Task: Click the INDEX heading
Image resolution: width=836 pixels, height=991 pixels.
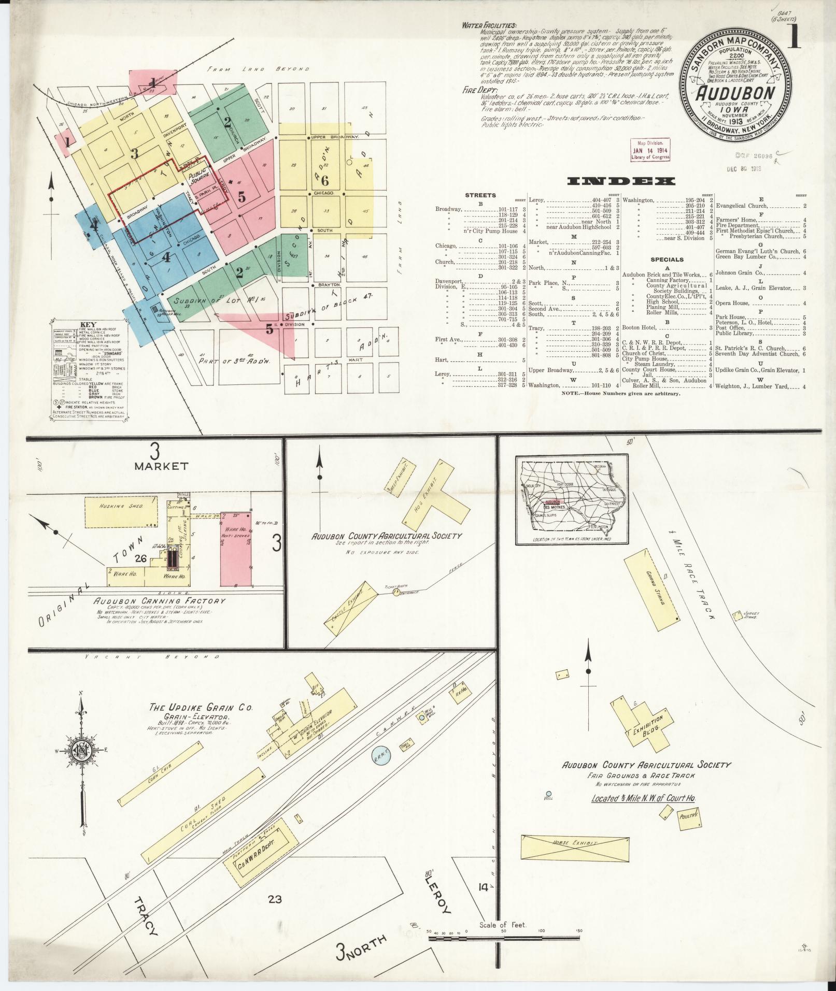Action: click(621, 181)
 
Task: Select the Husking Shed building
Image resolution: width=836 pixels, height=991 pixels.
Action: click(121, 513)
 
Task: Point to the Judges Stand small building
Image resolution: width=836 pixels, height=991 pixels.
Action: click(737, 615)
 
